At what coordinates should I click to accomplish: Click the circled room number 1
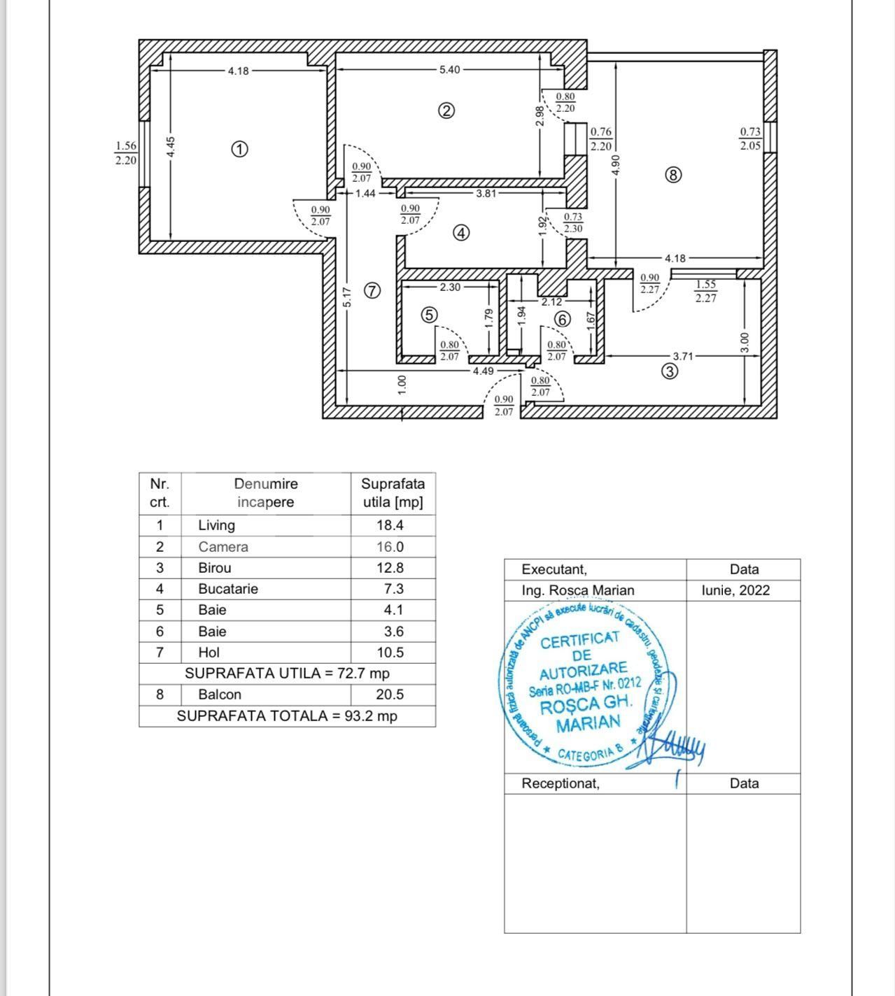tap(239, 149)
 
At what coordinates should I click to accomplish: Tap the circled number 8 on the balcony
tap(672, 175)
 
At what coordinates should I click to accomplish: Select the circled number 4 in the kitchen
tap(461, 233)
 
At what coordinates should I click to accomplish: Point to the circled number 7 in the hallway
tap(372, 290)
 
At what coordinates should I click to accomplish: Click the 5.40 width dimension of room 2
tap(449, 70)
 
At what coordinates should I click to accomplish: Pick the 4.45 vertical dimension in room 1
tap(172, 147)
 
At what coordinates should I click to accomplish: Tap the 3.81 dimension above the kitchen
tap(486, 193)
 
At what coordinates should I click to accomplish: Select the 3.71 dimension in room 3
tap(683, 356)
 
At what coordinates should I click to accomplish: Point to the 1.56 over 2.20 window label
tap(126, 152)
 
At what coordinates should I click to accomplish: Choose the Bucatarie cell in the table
tap(228, 589)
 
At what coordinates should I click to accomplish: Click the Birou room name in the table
tap(215, 568)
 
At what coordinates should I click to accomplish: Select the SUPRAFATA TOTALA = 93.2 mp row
tap(287, 716)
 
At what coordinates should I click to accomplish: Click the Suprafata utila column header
tap(393, 493)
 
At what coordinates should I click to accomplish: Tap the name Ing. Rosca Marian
tap(578, 590)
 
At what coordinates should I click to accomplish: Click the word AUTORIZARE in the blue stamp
tap(583, 671)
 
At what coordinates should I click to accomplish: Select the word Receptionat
tap(561, 783)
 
